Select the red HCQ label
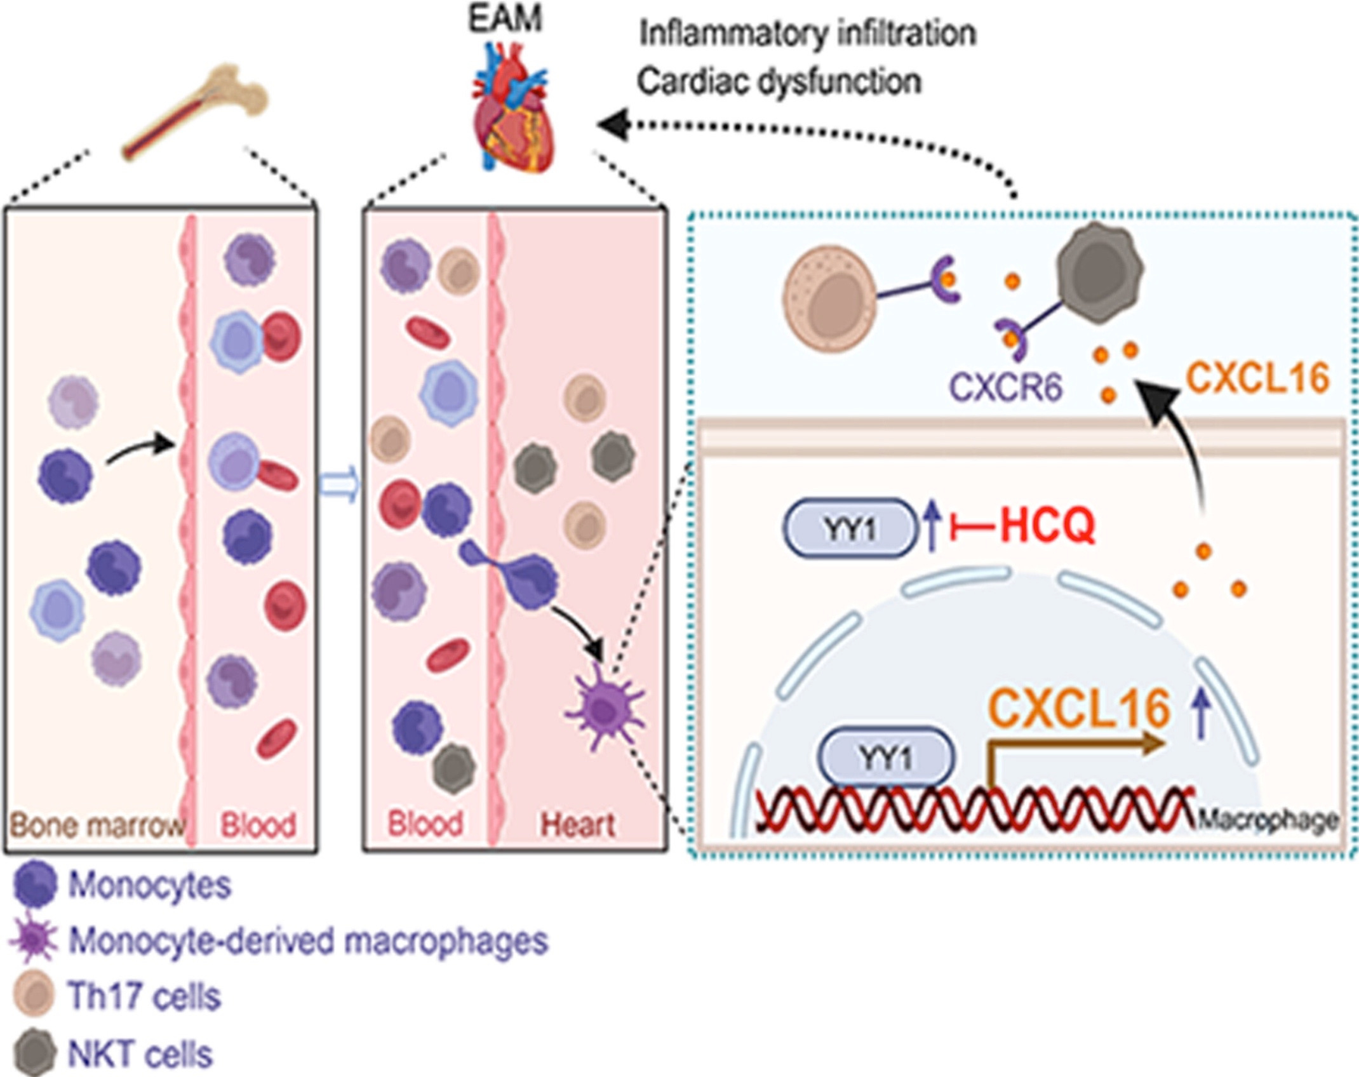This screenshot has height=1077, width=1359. [x=1048, y=526]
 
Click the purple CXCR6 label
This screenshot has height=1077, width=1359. [x=1005, y=385]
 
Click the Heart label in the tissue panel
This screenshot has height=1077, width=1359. [x=577, y=825]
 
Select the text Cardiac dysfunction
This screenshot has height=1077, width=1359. [x=779, y=82]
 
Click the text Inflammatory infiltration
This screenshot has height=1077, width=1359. [x=807, y=33]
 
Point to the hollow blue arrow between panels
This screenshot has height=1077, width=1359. [x=339, y=486]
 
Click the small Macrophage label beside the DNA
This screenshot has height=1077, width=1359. [x=1268, y=820]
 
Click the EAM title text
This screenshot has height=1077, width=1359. [x=505, y=18]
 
